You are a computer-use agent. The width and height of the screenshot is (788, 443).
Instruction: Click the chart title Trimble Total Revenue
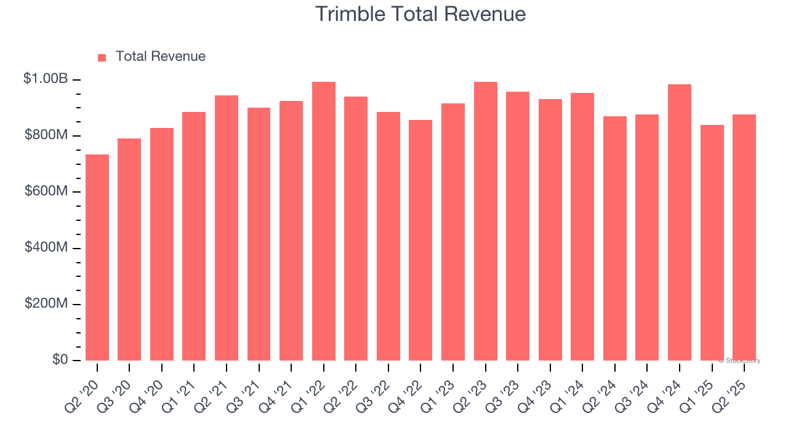pyautogui.click(x=420, y=14)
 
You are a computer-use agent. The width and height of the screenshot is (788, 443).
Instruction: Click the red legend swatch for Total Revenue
pyautogui.click(x=102, y=57)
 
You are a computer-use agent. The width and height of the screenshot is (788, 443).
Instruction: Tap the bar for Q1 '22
pyautogui.click(x=324, y=221)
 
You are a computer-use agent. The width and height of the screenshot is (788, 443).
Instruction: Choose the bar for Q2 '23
pyautogui.click(x=485, y=221)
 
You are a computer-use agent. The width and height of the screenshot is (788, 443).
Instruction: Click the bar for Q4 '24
pyautogui.click(x=680, y=223)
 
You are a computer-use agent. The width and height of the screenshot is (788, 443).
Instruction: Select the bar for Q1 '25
pyautogui.click(x=712, y=243)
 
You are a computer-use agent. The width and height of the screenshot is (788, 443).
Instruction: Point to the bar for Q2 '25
pyautogui.click(x=744, y=237)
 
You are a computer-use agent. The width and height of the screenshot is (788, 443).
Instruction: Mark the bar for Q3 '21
pyautogui.click(x=259, y=234)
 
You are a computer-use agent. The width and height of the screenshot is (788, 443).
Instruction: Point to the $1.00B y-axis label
pyautogui.click(x=46, y=79)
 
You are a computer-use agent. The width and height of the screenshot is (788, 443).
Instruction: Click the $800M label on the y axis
pyautogui.click(x=46, y=135)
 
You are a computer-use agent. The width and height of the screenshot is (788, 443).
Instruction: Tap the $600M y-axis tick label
pyautogui.click(x=46, y=191)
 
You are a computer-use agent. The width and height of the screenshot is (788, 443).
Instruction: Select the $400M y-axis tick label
pyautogui.click(x=46, y=248)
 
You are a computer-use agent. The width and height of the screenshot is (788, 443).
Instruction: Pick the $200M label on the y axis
pyautogui.click(x=46, y=304)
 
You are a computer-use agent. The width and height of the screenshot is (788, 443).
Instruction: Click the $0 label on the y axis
pyautogui.click(x=60, y=360)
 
